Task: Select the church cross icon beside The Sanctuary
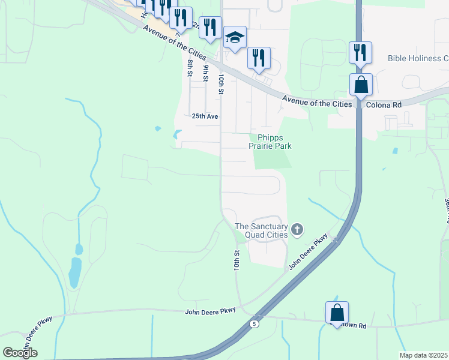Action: tap(297, 229)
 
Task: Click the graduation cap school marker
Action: tap(235, 38)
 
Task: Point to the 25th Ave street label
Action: tap(205, 116)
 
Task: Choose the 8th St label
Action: tap(190, 68)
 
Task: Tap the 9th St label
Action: tap(206, 72)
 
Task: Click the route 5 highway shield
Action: tap(255, 324)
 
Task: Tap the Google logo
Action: tap(20, 353)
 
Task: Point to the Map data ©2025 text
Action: tap(424, 355)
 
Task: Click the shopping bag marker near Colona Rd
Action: tap(361, 85)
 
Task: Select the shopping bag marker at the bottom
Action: tap(337, 312)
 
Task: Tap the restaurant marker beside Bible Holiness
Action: tap(360, 52)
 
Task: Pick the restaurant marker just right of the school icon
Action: tap(259, 58)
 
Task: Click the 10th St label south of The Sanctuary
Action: tap(238, 260)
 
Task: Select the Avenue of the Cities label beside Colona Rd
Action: tap(317, 104)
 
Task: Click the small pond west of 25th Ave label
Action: tap(158, 128)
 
